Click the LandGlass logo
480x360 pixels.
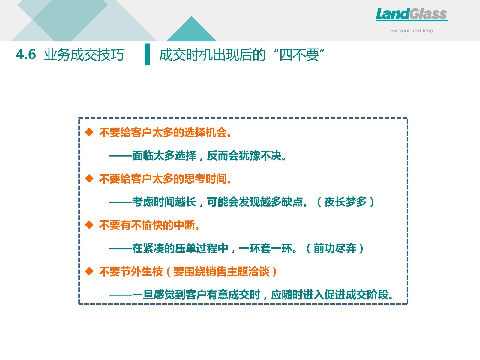[x=412, y=15]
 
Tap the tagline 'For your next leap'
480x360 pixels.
[x=411, y=31]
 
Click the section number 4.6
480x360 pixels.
[x=26, y=54]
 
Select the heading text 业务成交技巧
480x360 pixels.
[x=84, y=55]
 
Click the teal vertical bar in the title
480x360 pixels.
[x=147, y=54]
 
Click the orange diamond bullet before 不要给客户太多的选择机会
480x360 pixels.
[x=89, y=132]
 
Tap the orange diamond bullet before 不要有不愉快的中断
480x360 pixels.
[x=89, y=225]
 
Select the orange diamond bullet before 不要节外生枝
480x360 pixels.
[x=89, y=271]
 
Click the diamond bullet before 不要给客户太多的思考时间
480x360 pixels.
[x=89, y=178]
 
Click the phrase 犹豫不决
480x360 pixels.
[x=260, y=156]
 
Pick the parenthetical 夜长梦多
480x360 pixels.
[x=346, y=202]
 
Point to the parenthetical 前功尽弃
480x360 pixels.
[x=335, y=248]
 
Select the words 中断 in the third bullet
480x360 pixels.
[x=184, y=225]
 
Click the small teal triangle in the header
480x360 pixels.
[x=192, y=29]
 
